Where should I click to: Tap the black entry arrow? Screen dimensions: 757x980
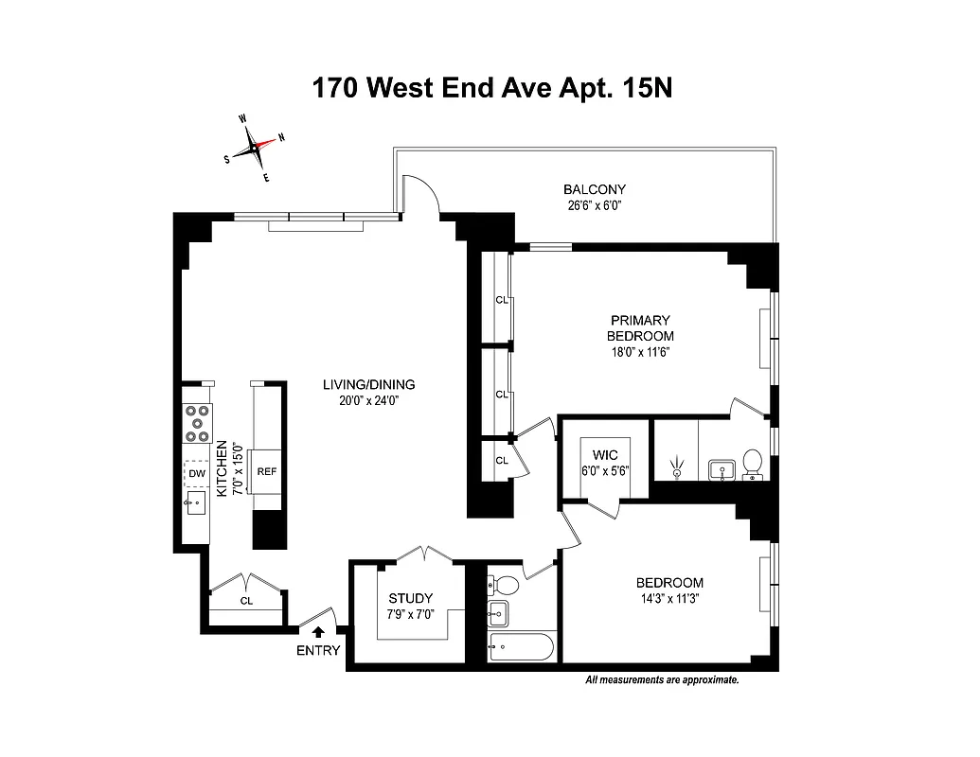(318, 631)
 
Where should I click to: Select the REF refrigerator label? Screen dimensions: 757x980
(266, 471)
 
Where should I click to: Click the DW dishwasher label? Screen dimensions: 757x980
(197, 473)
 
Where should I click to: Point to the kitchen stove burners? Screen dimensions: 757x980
(197, 423)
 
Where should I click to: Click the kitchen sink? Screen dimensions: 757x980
(197, 502)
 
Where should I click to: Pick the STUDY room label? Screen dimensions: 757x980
(411, 598)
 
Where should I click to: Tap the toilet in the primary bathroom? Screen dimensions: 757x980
(753, 462)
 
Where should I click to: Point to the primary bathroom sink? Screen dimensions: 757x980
(722, 467)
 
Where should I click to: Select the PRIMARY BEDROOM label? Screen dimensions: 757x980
(641, 328)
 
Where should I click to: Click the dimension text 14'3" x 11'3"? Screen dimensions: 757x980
(669, 598)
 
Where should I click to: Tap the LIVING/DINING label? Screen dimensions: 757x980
(368, 384)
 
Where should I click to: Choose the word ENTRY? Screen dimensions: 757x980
(318, 650)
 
